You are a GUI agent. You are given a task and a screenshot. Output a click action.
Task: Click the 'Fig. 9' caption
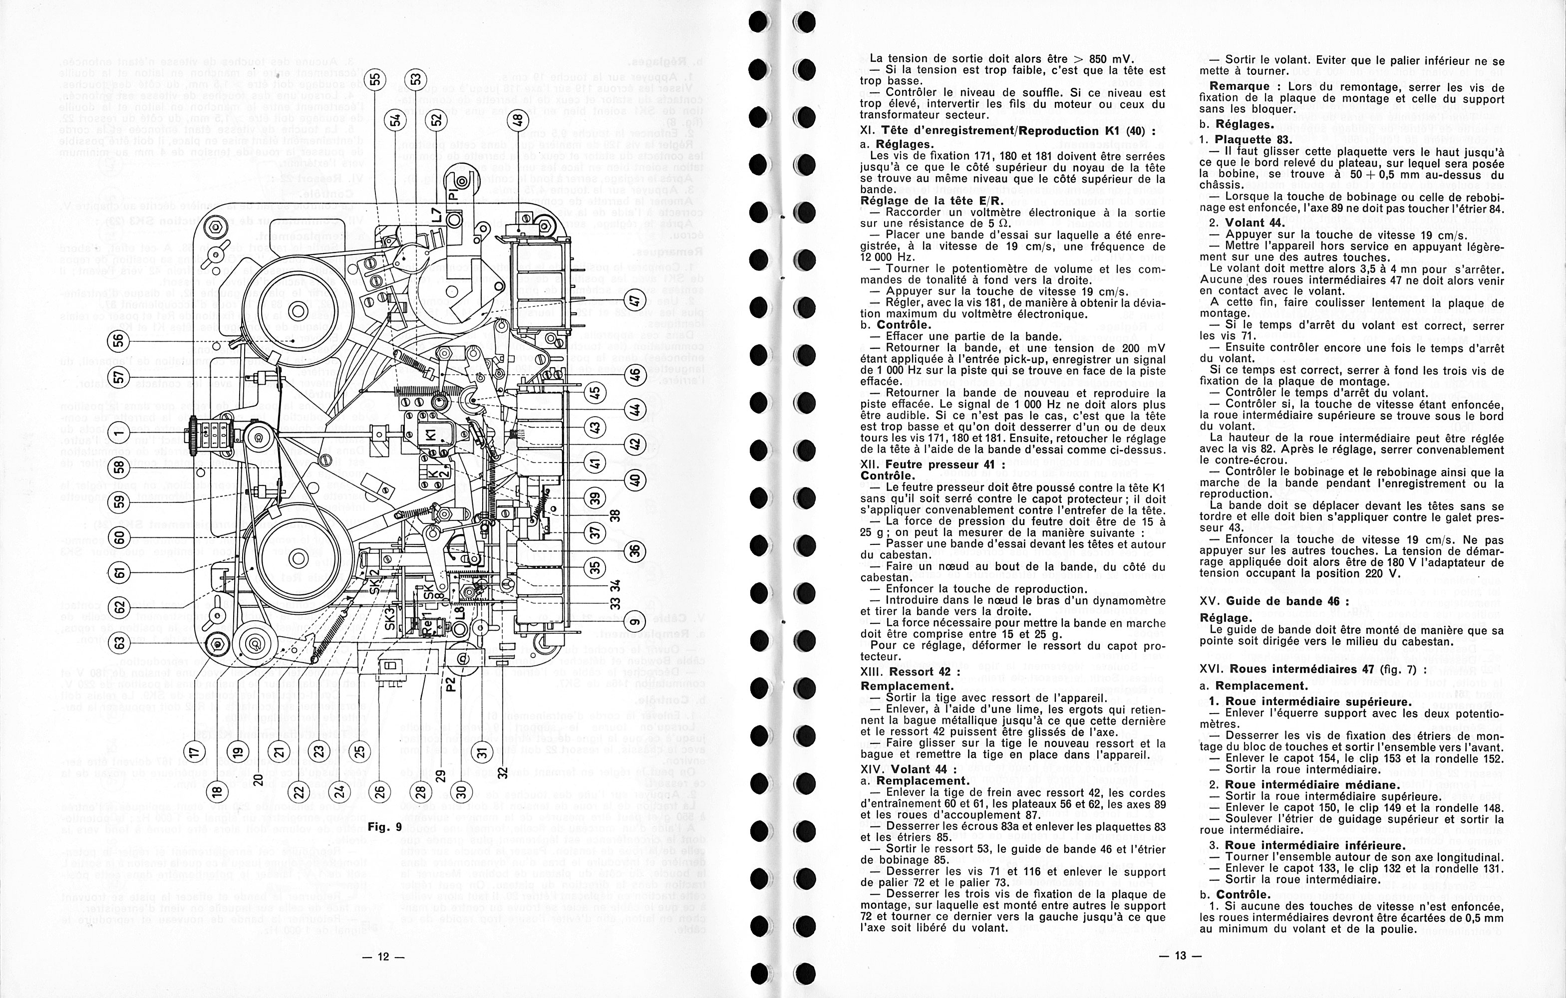[x=385, y=828]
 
